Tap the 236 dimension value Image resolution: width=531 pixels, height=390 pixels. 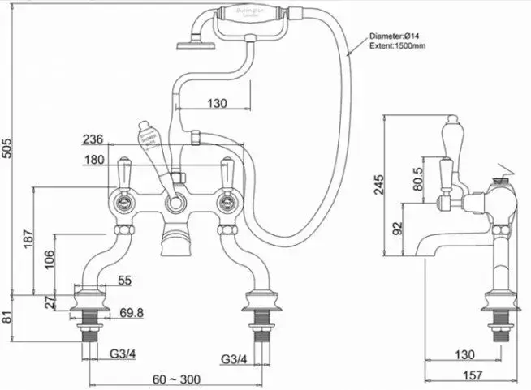tap(94, 139)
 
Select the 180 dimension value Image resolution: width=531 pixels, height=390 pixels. tap(94, 159)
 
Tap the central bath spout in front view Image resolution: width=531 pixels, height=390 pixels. tap(173, 240)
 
